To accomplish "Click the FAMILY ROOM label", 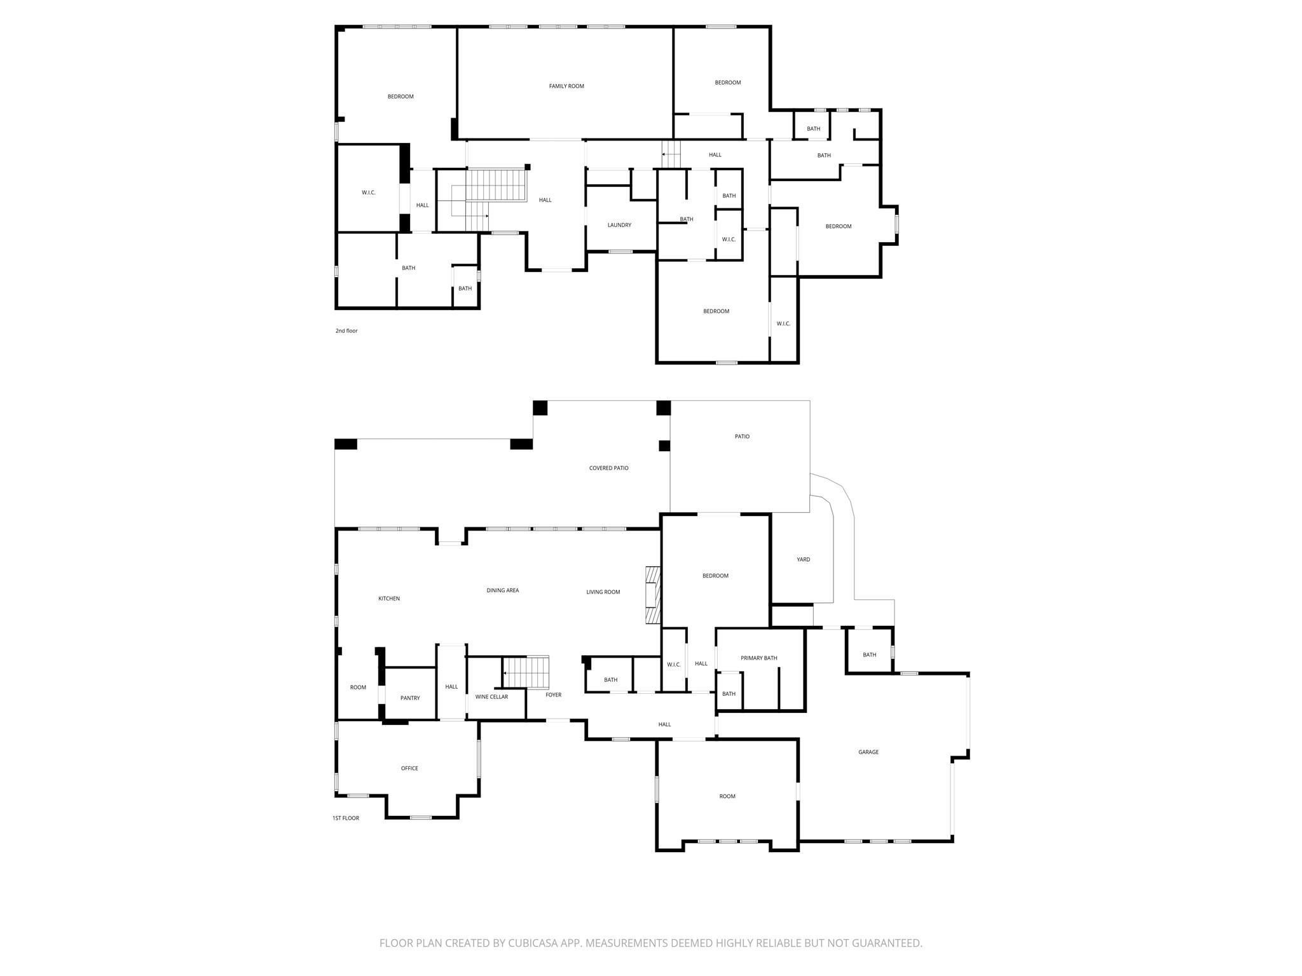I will (566, 86).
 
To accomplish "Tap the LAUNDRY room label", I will (619, 225).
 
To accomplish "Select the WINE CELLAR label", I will (491, 697).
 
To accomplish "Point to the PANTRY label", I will (410, 698).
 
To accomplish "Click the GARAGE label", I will (868, 752).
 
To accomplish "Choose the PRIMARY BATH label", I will (759, 658).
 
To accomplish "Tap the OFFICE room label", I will (409, 769).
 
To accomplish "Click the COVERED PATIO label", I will (608, 468).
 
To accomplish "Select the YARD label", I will (804, 560).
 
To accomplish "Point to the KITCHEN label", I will (389, 599).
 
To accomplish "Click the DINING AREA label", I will (503, 591).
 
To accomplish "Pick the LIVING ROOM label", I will (603, 592).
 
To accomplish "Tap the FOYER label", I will (554, 695).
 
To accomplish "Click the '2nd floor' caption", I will (346, 331).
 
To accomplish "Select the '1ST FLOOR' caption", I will (346, 818).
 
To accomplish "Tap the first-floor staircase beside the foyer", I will (526, 672).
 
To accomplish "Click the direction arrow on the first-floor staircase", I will (507, 672).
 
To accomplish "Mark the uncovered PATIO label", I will (742, 437).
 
